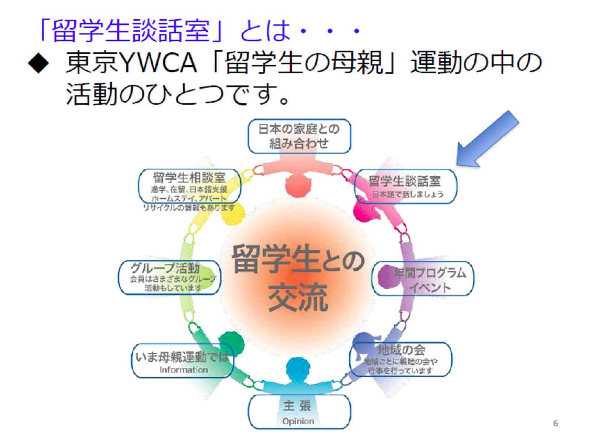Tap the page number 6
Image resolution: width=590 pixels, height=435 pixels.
[555, 423]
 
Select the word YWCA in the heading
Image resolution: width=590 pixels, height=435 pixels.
[157, 63]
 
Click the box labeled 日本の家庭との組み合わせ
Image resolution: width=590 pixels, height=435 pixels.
[299, 136]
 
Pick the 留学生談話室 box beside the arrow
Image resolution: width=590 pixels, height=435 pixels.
[405, 186]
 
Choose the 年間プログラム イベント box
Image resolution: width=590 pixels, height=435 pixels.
[423, 279]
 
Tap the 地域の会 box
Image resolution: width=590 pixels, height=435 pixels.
[401, 359]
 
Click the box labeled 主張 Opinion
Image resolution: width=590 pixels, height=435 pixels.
[299, 412]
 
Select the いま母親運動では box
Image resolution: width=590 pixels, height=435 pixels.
[182, 361]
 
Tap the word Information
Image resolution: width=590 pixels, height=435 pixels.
[183, 370]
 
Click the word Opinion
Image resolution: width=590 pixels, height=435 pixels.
[298, 421]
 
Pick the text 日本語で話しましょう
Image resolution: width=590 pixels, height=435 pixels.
[407, 194]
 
